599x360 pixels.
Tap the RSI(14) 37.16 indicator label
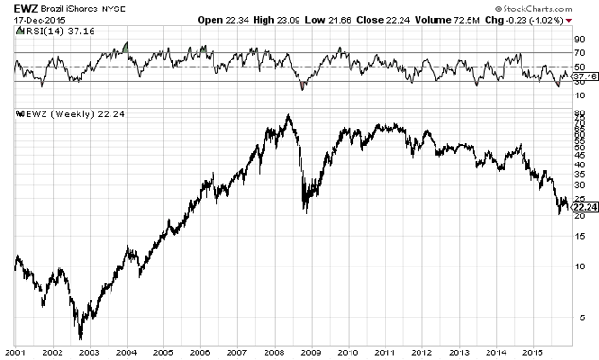pos(45,31)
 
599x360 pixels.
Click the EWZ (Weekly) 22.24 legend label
pos(56,113)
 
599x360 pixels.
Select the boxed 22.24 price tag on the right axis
pos(585,206)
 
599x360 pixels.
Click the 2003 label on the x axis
pos(88,351)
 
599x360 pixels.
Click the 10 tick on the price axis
pos(579,266)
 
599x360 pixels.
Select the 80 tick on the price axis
pos(579,115)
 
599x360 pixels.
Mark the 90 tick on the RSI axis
pos(579,39)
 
